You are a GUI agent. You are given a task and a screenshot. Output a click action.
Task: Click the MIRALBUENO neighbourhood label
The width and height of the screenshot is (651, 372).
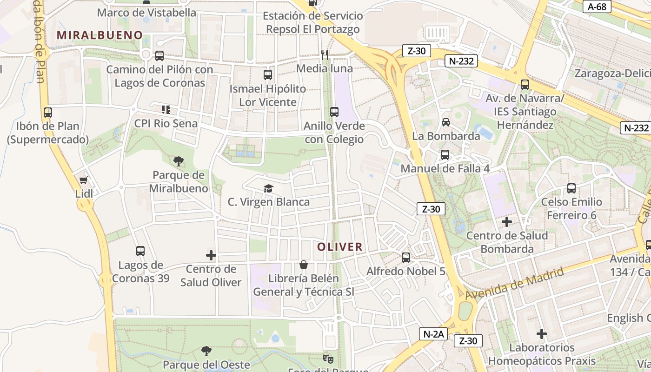[100, 35]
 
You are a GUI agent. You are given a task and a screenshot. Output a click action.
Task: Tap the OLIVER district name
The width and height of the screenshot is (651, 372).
[340, 247]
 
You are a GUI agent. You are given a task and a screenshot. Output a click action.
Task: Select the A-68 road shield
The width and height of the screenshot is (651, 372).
[597, 7]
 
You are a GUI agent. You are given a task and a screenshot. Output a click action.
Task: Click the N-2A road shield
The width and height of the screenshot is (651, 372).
[432, 333]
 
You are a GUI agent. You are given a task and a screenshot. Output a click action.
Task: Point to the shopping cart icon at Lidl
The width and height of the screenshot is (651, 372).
[84, 180]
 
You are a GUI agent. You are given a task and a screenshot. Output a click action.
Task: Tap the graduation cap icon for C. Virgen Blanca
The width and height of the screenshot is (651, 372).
[268, 188]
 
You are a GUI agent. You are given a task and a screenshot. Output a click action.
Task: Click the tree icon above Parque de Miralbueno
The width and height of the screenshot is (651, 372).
[178, 161]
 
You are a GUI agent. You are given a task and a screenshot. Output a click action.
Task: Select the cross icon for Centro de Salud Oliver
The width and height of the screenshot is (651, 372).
[211, 255]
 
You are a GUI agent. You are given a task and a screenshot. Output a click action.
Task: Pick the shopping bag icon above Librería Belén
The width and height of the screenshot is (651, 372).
[304, 265]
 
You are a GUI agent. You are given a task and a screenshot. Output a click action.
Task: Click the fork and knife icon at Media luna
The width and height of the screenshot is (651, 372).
[325, 54]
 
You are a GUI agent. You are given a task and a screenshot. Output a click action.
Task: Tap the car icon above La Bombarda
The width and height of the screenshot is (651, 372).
[446, 122]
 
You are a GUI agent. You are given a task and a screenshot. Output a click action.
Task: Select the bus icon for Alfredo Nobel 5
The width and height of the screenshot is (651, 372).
[406, 257]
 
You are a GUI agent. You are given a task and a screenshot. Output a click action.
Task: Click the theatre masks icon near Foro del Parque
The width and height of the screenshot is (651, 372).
[328, 359]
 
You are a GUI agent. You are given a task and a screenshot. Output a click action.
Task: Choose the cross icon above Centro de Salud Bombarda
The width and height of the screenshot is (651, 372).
[507, 222]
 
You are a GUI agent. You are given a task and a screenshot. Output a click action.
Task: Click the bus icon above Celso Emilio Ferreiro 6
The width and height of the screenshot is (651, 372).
[571, 188]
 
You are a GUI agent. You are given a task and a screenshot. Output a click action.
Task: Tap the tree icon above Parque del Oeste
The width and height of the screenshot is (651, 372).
[206, 351]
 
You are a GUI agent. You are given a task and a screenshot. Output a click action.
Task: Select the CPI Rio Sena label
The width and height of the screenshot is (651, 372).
[166, 124]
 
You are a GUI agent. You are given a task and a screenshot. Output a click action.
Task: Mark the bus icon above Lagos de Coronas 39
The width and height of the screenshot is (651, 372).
[140, 251]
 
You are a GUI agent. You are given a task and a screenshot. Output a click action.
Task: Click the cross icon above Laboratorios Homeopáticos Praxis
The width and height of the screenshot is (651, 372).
[541, 334]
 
